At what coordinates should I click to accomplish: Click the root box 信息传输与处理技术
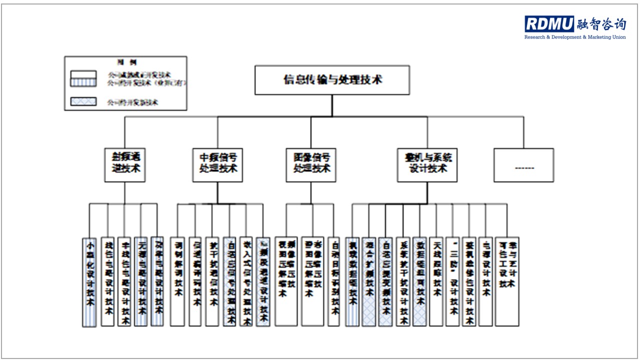pyautogui.click(x=332, y=80)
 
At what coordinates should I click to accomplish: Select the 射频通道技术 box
pyautogui.click(x=124, y=164)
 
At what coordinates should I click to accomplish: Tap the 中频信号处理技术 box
pyautogui.click(x=217, y=164)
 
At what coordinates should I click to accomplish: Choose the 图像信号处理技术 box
pyautogui.click(x=310, y=164)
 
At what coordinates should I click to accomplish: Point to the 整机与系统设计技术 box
pyautogui.click(x=427, y=164)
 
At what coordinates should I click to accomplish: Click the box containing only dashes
pyautogui.click(x=523, y=165)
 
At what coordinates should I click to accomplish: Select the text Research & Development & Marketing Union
pyautogui.click(x=574, y=37)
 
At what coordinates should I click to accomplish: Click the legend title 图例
pyautogui.click(x=123, y=62)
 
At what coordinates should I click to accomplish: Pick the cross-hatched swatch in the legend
pyautogui.click(x=84, y=102)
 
